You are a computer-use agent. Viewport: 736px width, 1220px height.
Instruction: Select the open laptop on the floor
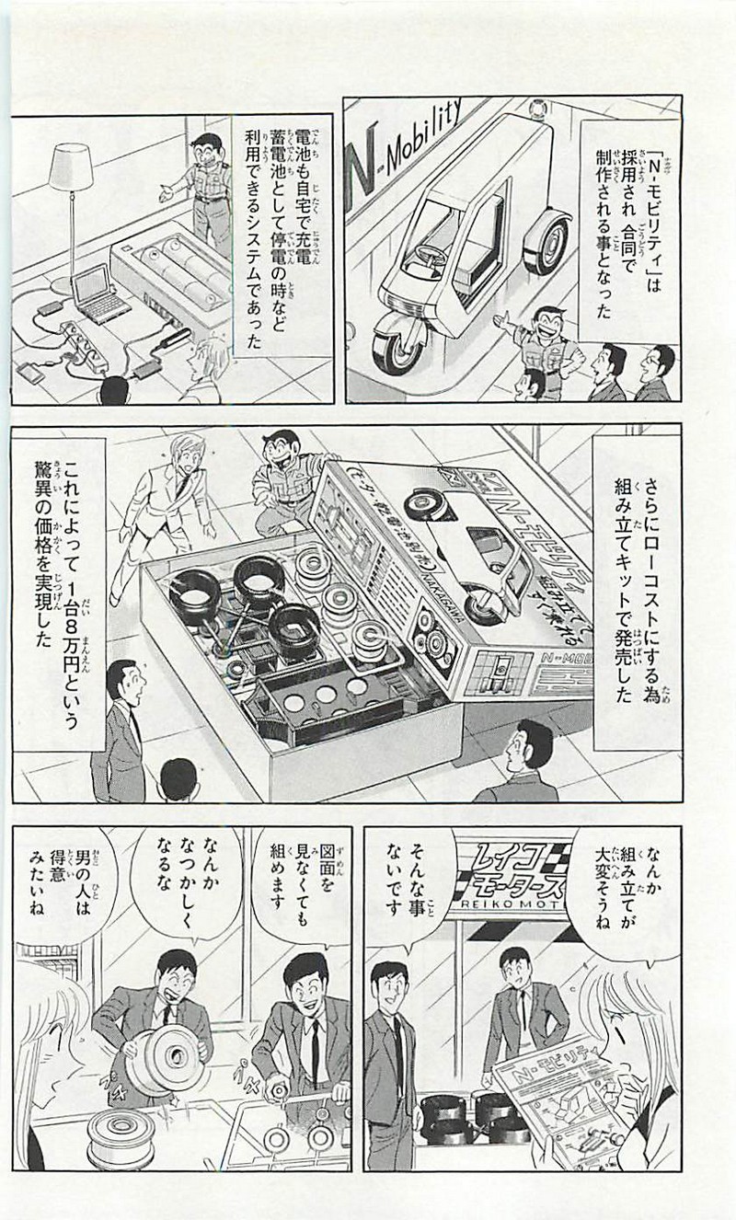point(96,294)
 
